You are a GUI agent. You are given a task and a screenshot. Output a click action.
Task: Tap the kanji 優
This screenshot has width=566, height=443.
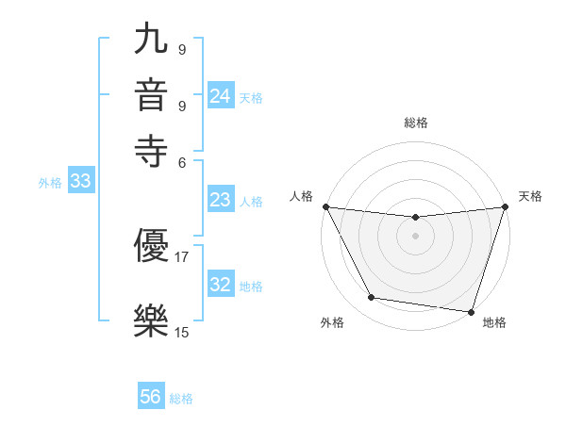click(x=152, y=247)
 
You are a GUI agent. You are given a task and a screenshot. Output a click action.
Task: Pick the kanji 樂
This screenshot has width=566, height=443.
click(x=152, y=321)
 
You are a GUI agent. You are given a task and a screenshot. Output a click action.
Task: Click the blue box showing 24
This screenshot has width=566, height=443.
click(x=221, y=96)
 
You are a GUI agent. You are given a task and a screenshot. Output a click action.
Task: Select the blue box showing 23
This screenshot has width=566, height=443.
click(x=221, y=200)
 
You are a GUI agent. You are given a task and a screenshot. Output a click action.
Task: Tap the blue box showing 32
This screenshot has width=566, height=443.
click(x=221, y=285)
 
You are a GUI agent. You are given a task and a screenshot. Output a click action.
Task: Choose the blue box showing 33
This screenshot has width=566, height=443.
click(x=80, y=182)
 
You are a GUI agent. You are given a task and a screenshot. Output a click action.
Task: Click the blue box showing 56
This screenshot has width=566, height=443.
click(x=151, y=397)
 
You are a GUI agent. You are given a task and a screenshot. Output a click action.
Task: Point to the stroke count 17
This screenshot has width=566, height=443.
click(x=182, y=255)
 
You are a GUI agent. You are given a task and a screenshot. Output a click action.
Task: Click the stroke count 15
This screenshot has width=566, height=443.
click(x=182, y=332)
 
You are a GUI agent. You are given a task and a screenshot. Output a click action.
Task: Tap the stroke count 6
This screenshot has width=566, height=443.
click(x=182, y=161)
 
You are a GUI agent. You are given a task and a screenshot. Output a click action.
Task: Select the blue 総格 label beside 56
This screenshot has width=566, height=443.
click(x=181, y=399)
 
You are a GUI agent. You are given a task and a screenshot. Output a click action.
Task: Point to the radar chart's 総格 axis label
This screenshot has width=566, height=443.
click(x=416, y=123)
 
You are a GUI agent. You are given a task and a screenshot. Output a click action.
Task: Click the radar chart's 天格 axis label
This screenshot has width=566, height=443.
click(x=531, y=196)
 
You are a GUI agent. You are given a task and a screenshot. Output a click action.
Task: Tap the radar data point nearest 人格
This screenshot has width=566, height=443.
click(x=325, y=206)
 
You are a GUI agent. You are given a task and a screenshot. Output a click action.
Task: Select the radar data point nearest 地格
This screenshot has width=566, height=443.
click(x=471, y=311)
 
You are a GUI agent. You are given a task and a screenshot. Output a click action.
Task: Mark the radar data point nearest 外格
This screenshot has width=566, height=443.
click(x=372, y=298)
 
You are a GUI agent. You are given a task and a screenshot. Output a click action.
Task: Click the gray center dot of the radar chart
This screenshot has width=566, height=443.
click(x=416, y=236)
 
